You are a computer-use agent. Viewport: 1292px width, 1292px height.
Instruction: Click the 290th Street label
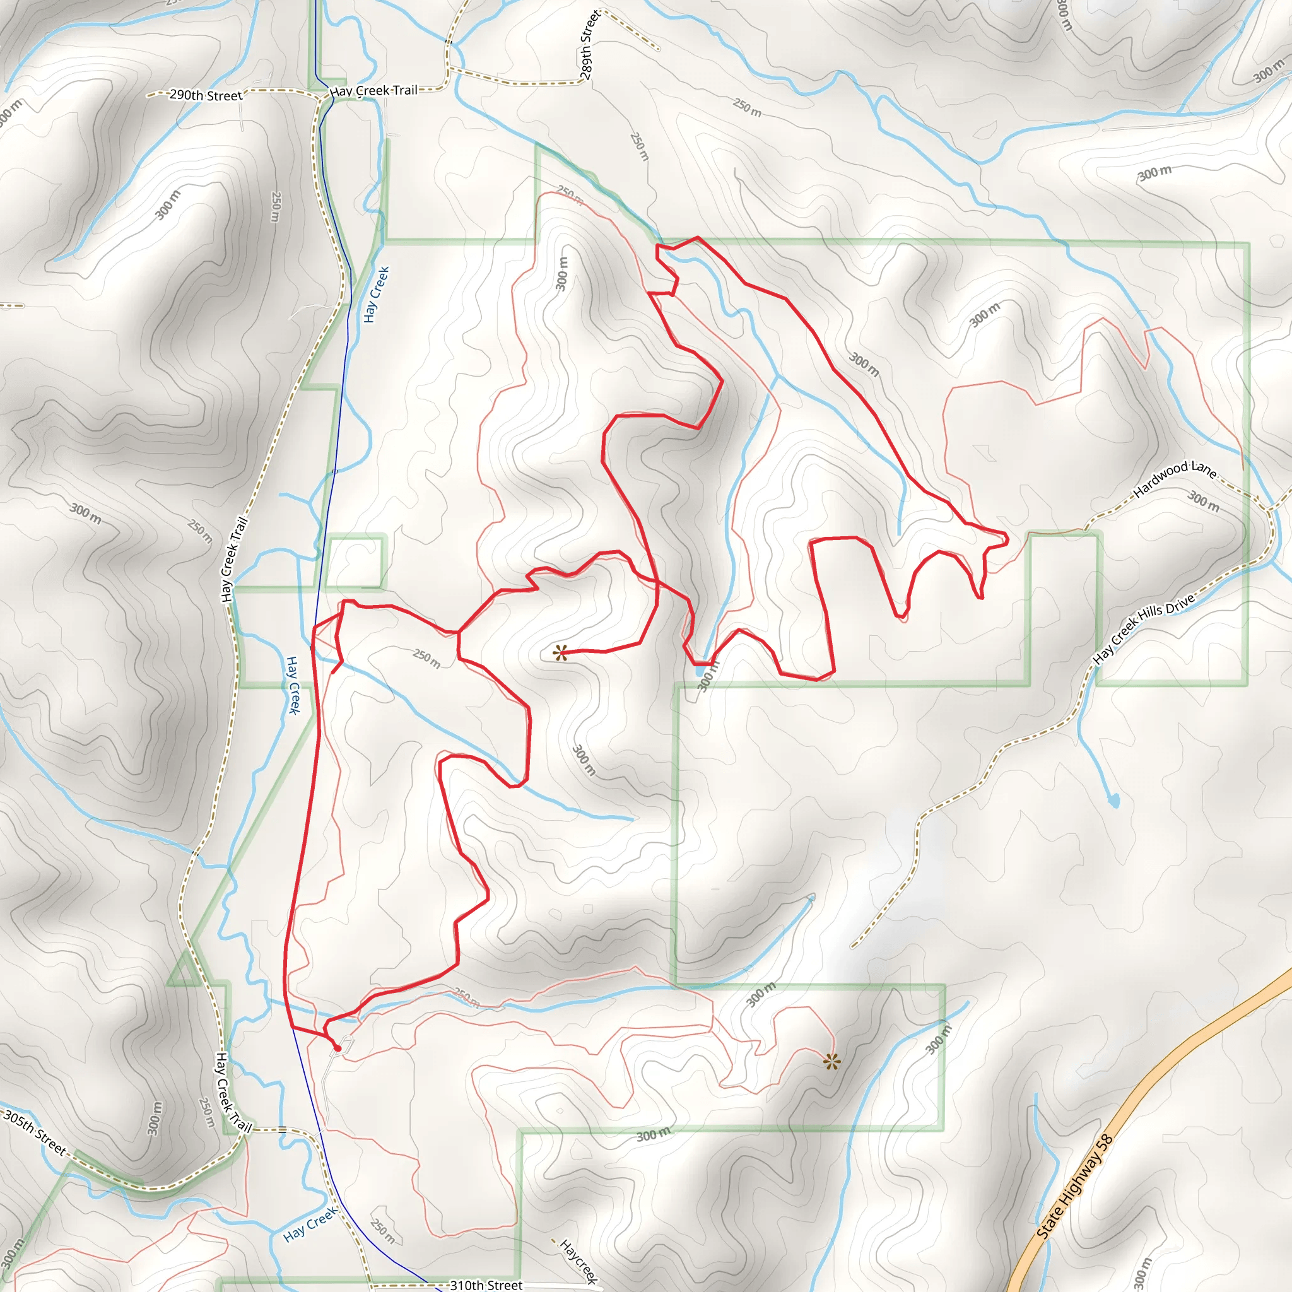(x=205, y=95)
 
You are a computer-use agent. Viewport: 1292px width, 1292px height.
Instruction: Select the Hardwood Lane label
(x=1174, y=479)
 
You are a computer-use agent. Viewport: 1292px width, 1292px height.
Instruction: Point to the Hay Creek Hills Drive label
(x=1144, y=629)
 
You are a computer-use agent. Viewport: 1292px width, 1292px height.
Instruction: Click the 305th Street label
(x=35, y=1132)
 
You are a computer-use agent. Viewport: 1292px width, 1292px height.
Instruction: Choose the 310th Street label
(x=486, y=1284)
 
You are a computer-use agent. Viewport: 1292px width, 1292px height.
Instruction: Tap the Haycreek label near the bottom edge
(x=578, y=1261)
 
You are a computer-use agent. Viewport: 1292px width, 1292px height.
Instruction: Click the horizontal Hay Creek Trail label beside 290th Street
(x=373, y=90)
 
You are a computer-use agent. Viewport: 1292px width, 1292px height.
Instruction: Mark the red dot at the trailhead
(x=338, y=1048)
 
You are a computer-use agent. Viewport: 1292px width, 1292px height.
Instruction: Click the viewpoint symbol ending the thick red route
(x=560, y=653)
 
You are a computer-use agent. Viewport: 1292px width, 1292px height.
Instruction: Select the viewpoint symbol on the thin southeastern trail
(x=831, y=1061)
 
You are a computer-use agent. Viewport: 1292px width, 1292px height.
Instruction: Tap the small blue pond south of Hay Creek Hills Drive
(x=1113, y=800)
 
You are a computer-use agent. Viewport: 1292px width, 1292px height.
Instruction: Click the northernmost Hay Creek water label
(x=376, y=294)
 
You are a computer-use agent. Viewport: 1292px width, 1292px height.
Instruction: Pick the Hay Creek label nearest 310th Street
(x=310, y=1224)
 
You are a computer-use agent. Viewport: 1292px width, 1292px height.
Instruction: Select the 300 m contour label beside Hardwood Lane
(x=1204, y=501)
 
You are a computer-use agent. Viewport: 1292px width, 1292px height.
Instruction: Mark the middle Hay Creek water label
(x=293, y=684)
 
